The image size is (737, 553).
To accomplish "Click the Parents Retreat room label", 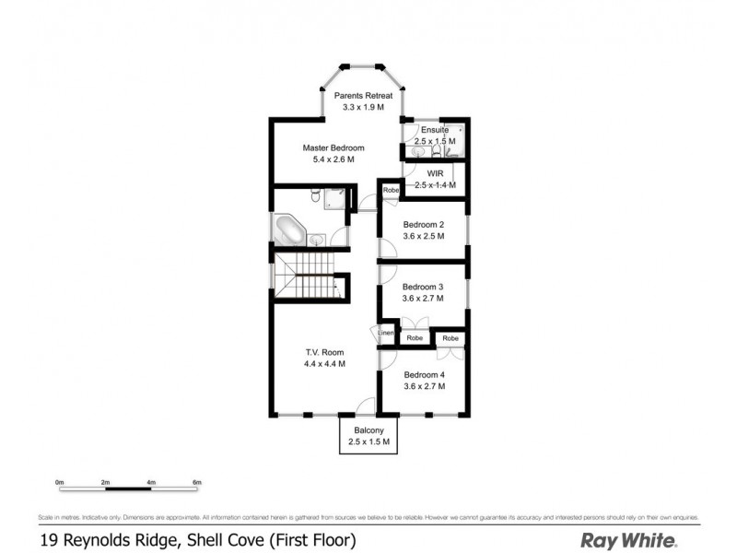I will tap(364, 96).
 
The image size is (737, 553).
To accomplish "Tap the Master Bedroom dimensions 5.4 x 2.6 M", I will tap(333, 159).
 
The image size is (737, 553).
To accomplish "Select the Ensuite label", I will tap(433, 130).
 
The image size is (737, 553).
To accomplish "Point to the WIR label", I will tap(436, 172).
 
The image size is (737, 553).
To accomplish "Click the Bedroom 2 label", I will tap(423, 224).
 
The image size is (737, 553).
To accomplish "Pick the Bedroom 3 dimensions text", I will tap(424, 299).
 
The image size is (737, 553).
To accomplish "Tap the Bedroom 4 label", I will tap(424, 374).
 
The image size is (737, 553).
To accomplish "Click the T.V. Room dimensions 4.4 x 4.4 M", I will tap(324, 363).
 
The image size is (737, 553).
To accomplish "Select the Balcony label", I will tap(368, 430).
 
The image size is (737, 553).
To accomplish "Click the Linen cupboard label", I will tap(386, 333).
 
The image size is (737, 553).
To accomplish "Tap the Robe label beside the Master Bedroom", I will tap(391, 191).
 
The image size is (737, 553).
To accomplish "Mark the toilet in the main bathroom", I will tap(316, 194).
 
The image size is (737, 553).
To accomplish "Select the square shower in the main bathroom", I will tap(336, 196).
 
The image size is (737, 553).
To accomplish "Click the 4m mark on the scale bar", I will tap(150, 483).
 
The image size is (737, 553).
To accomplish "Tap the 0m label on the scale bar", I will tap(59, 483).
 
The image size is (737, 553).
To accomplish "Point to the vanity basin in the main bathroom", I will tap(316, 240).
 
